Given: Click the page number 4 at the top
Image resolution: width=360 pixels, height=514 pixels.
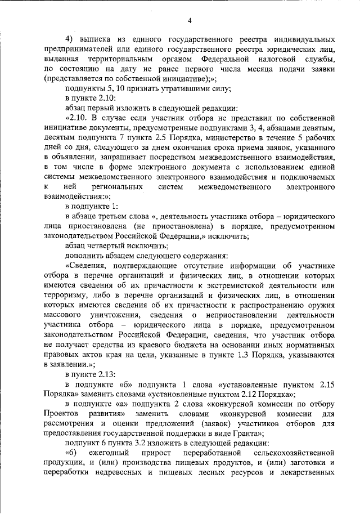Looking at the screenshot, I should coord(190,21).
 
